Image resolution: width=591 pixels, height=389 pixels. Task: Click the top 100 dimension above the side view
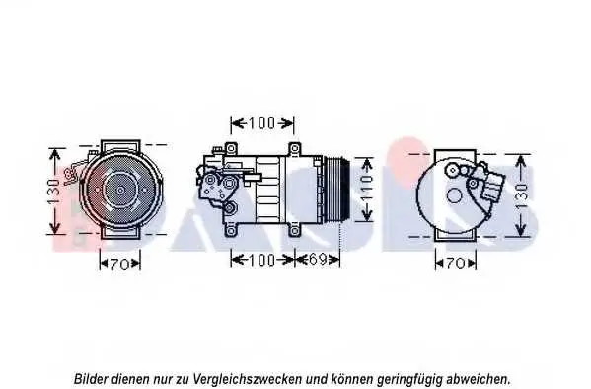(x=262, y=123)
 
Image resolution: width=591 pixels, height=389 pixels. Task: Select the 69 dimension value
(x=318, y=260)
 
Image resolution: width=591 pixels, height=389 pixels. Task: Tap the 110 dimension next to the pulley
(x=366, y=189)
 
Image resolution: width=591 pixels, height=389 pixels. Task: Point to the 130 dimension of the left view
(x=54, y=191)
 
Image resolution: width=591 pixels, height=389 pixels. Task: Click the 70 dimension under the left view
(x=120, y=264)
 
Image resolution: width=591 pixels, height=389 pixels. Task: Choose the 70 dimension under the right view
(x=456, y=263)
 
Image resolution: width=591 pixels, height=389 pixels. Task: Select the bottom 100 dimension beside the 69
(x=262, y=260)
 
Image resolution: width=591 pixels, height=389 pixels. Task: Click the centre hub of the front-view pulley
(x=120, y=190)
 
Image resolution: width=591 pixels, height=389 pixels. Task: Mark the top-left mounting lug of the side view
(x=231, y=148)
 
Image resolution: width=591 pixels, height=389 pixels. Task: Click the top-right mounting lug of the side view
(x=294, y=148)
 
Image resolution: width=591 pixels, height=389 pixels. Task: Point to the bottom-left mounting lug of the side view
(x=231, y=230)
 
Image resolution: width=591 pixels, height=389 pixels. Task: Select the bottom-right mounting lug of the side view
(x=294, y=230)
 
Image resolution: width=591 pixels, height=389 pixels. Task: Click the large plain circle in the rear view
(x=454, y=195)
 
